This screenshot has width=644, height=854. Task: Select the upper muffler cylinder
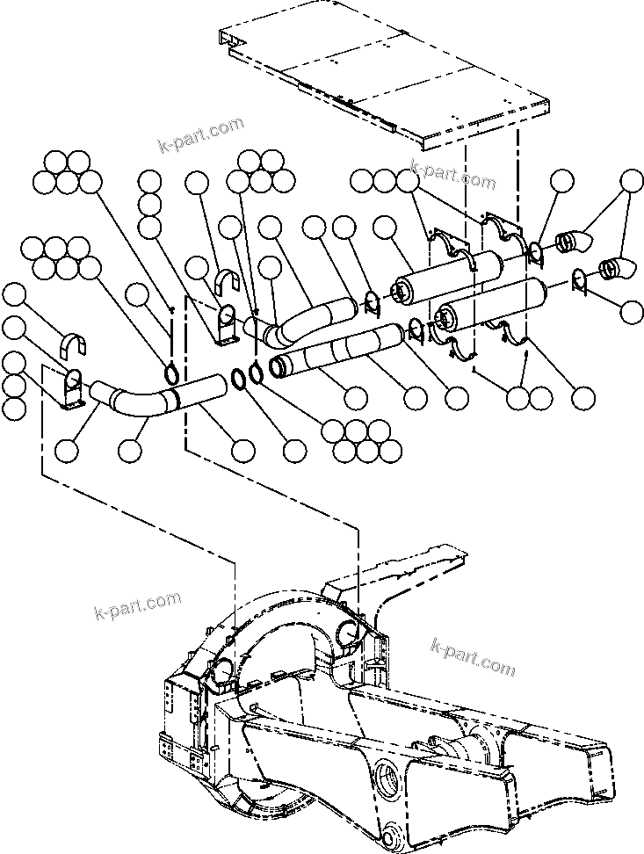pyautogui.click(x=448, y=277)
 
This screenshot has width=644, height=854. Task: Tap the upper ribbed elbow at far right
pyautogui.click(x=574, y=240)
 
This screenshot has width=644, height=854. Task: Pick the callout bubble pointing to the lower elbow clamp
pyautogui.click(x=631, y=311)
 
